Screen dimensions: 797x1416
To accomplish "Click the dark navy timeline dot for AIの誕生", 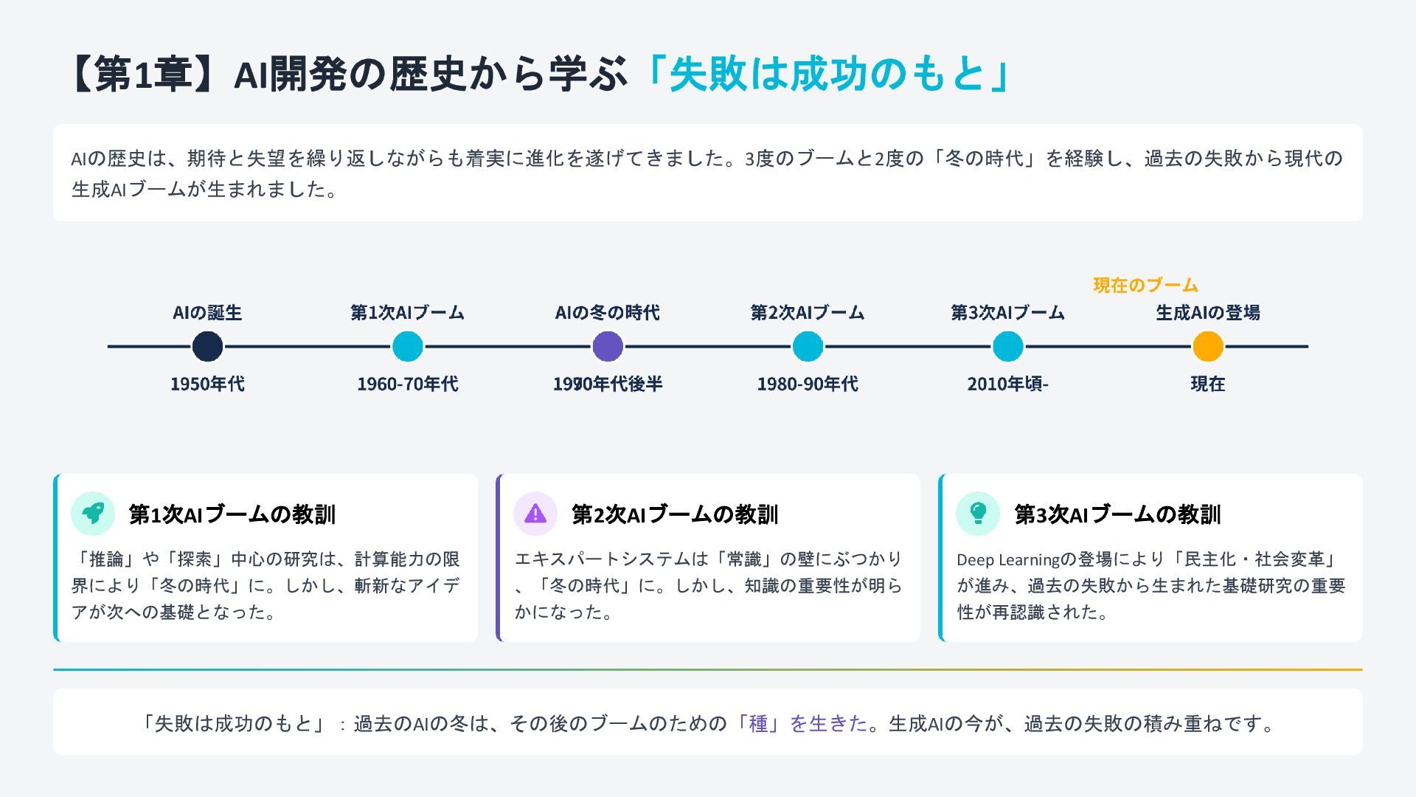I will (207, 346).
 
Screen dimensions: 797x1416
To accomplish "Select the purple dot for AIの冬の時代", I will (608, 346).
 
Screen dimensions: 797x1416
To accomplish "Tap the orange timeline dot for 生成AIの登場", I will (1208, 346).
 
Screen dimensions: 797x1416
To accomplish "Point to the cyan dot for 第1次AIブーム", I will (407, 346).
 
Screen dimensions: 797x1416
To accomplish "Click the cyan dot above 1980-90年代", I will (808, 346).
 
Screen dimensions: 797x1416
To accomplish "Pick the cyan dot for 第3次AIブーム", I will (1007, 346).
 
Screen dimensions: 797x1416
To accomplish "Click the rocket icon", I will (93, 514).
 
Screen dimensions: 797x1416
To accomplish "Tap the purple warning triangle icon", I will (535, 514).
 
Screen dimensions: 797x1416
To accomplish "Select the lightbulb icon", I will (978, 514).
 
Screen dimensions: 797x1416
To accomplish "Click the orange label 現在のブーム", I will (1145, 286).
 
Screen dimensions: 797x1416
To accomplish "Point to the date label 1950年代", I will (207, 384).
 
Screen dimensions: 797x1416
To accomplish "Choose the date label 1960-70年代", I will (407, 384).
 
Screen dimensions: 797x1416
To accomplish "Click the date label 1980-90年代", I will (808, 384).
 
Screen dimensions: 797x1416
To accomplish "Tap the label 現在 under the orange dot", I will (1208, 384).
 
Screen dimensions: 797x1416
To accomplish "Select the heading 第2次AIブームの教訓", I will (675, 514).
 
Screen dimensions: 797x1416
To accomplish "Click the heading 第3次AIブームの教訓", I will (1117, 514).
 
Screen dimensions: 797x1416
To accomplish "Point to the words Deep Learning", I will (1007, 560).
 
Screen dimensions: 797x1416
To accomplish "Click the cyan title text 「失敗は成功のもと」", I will (826, 74).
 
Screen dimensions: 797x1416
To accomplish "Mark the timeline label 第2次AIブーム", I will (808, 313).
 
